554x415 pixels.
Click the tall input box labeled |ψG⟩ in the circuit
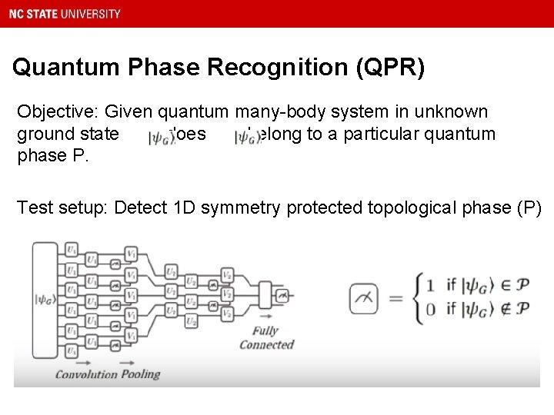click(44, 300)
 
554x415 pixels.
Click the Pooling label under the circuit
click(139, 374)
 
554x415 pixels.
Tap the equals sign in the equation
click(395, 298)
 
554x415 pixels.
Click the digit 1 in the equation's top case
click(429, 286)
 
